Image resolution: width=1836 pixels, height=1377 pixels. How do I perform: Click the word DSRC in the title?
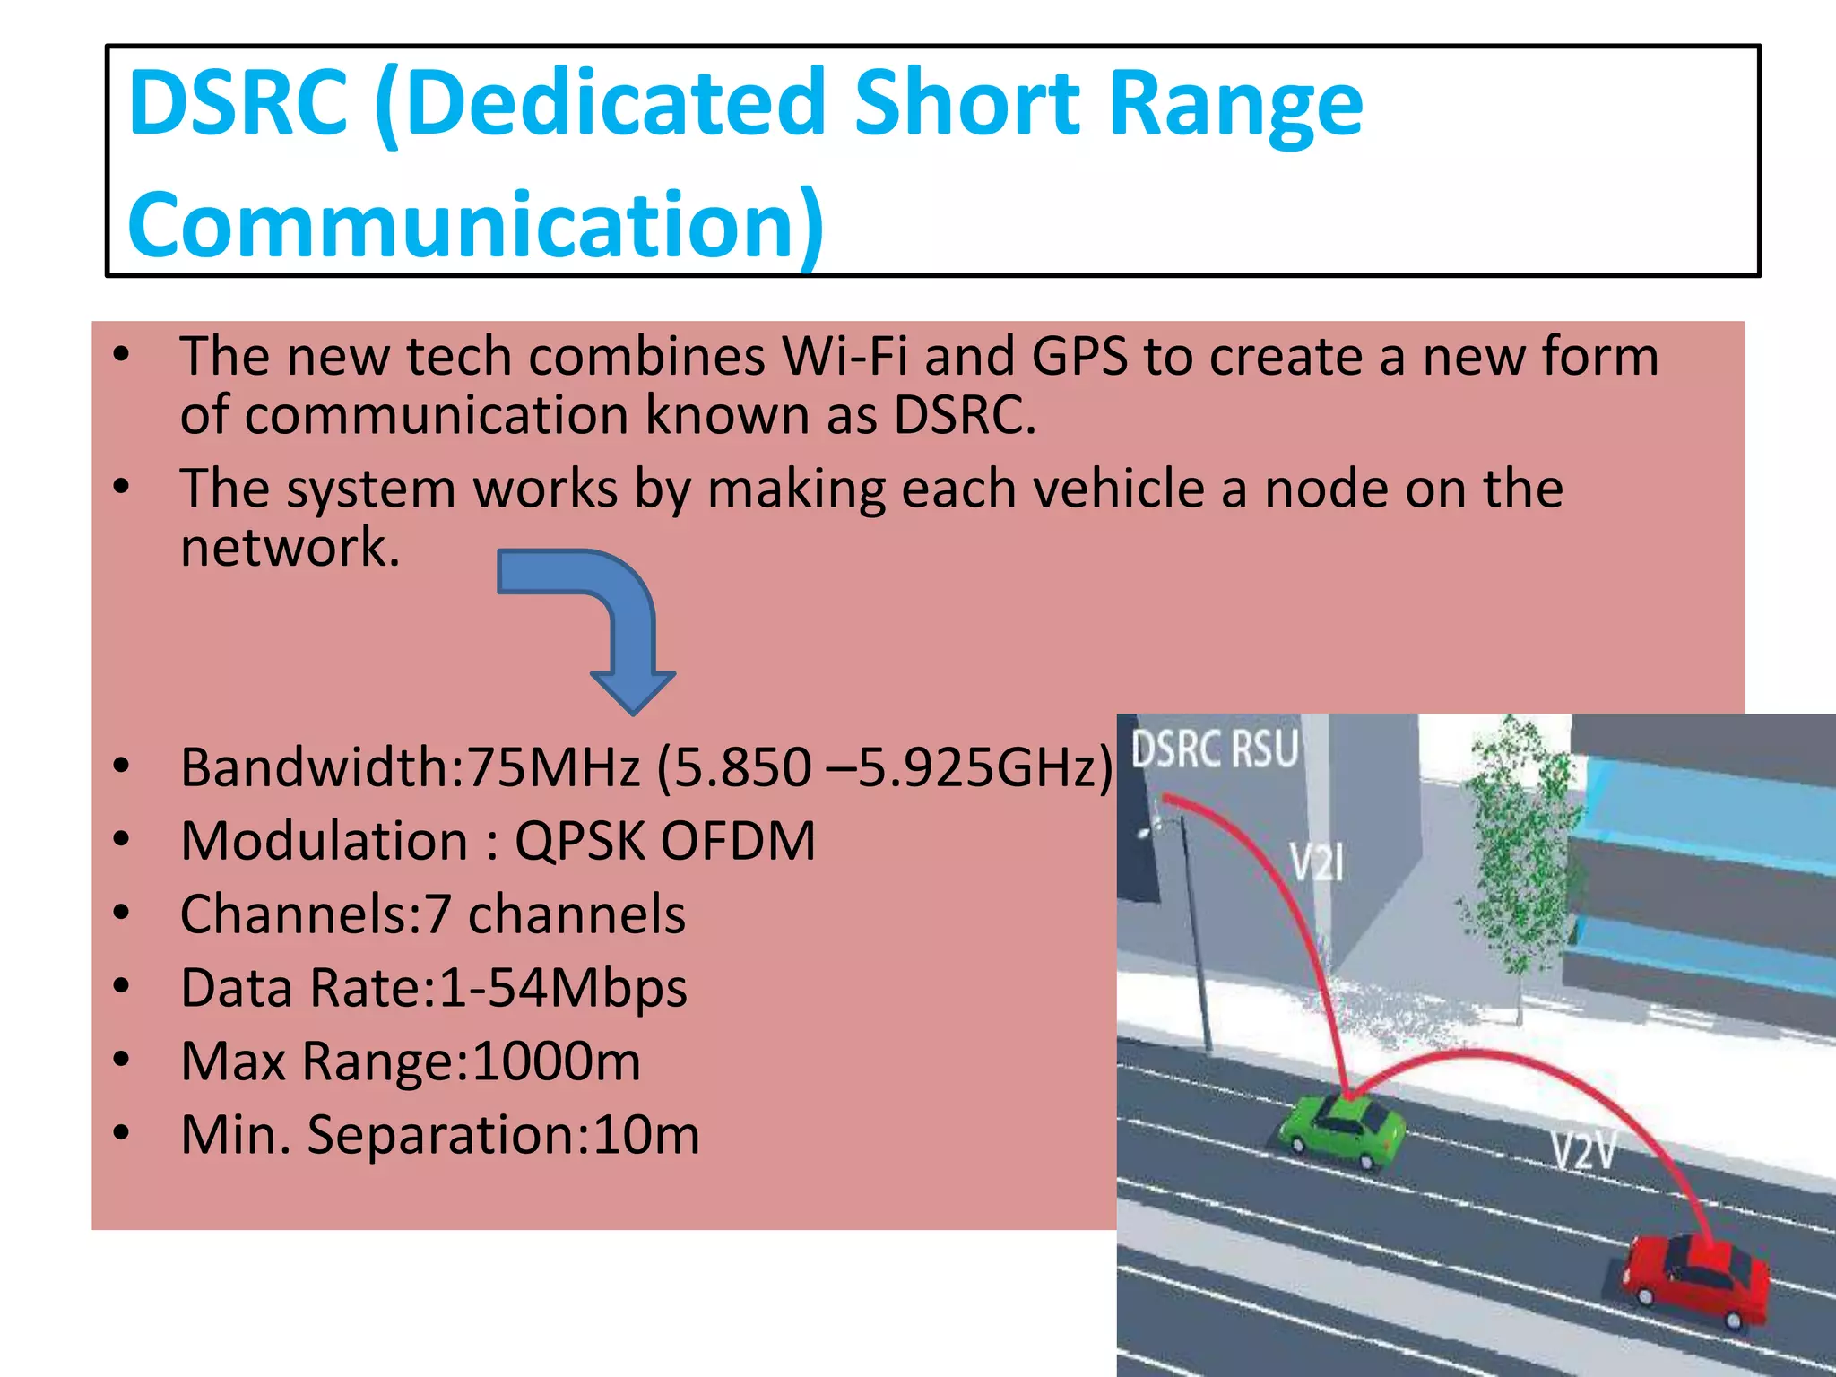pos(238,103)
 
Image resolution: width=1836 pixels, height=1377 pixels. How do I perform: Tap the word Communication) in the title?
pos(475,224)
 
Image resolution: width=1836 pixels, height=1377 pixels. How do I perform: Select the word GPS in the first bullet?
pos(1078,357)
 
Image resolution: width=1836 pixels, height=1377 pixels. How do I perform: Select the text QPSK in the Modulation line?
pos(579,841)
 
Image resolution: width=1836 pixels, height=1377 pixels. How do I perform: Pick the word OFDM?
pos(738,841)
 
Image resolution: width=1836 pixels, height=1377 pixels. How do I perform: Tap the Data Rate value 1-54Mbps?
pos(563,988)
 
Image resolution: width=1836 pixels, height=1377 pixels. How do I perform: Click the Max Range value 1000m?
pos(556,1061)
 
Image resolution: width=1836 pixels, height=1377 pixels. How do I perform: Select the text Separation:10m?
pos(503,1135)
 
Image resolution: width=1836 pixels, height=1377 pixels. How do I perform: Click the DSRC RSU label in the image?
pos(1215,749)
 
